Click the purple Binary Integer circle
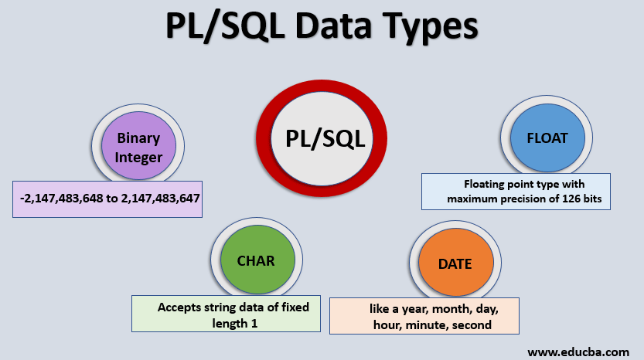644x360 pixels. [x=139, y=147]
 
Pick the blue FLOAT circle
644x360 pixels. [x=547, y=139]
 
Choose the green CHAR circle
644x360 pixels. [x=256, y=261]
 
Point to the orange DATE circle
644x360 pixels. [x=455, y=263]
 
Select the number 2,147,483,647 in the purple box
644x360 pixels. [x=158, y=198]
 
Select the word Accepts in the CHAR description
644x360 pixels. [x=180, y=307]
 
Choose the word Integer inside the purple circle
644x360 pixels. [x=139, y=158]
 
